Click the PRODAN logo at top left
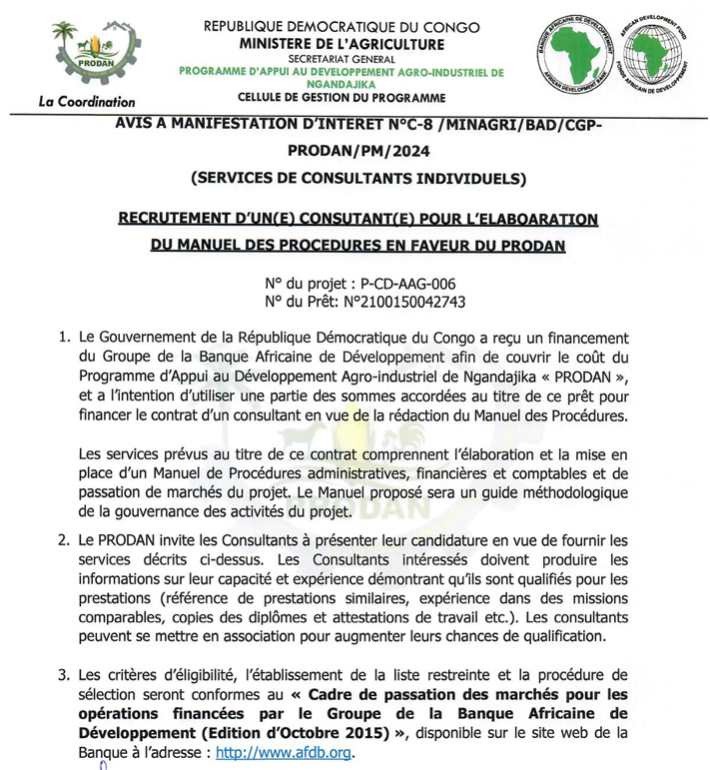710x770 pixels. pyautogui.click(x=94, y=54)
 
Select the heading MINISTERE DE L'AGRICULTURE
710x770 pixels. pyautogui.click(x=341, y=43)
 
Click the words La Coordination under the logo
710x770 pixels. pyautogui.click(x=86, y=101)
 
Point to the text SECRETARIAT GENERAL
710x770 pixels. pyautogui.click(x=342, y=58)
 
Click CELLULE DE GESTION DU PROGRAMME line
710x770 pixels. pyautogui.click(x=342, y=99)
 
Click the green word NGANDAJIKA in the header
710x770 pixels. pyautogui.click(x=342, y=85)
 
